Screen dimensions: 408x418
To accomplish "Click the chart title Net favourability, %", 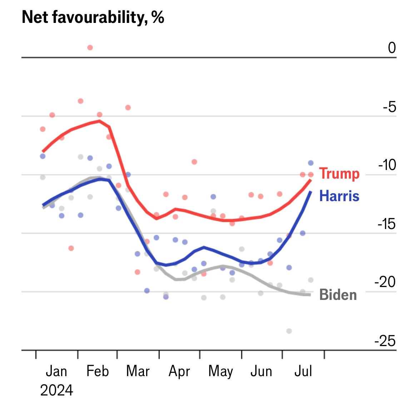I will point(93,17).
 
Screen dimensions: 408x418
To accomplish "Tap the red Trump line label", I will point(339,174).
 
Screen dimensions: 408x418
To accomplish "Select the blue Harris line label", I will point(339,196).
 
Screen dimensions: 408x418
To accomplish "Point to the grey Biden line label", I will point(338,295).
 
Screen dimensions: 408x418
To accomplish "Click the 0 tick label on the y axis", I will point(392,48).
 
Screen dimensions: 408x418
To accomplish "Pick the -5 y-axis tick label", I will point(389,107).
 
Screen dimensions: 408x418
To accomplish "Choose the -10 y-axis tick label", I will point(387,165).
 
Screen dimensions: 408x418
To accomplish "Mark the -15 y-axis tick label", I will point(387,224).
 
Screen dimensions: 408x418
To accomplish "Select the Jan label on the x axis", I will point(56,371).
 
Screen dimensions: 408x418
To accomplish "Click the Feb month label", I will point(98,371).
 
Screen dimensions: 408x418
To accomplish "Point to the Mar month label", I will point(138,371).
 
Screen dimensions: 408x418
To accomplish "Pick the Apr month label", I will point(179,371).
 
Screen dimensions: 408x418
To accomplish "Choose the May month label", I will point(220,371).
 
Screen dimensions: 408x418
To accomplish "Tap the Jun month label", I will point(261,371).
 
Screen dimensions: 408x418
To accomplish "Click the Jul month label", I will point(303,371).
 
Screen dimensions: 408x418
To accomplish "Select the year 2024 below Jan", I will point(56,390).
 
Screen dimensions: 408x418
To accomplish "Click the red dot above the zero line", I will point(90,48).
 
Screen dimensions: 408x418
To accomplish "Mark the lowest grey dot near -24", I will point(289,331).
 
